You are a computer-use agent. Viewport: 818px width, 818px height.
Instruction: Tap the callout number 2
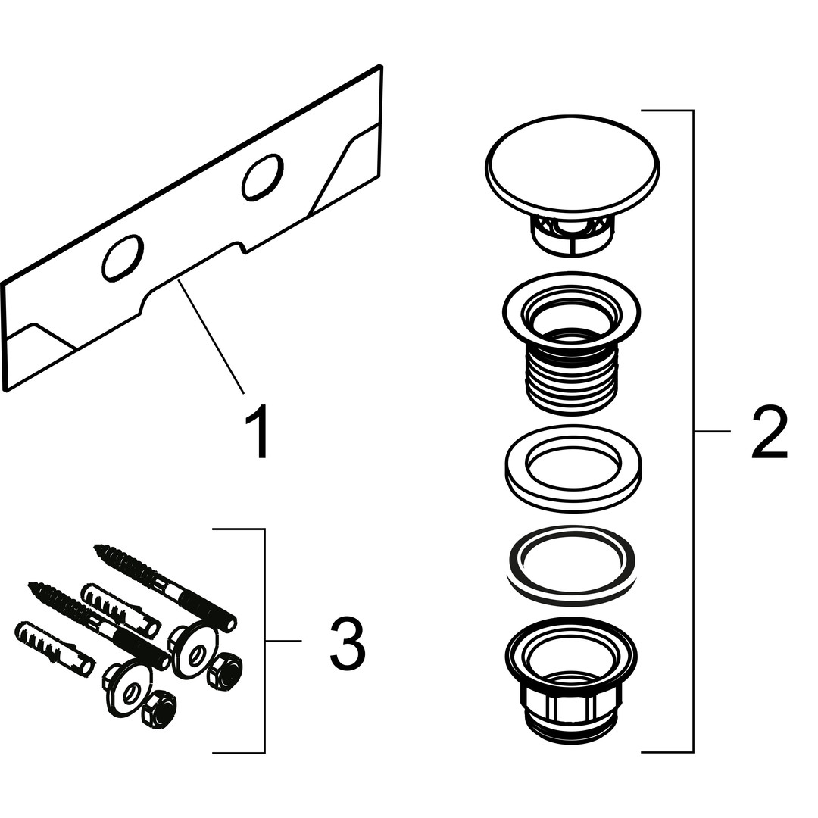point(769,433)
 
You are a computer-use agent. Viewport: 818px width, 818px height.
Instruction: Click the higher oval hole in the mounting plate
point(262,177)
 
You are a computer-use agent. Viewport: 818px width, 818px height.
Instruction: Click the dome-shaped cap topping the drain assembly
point(573,166)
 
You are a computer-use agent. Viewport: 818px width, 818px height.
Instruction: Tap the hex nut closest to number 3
point(226,670)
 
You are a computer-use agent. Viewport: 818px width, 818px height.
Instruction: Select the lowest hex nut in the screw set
point(158,710)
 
